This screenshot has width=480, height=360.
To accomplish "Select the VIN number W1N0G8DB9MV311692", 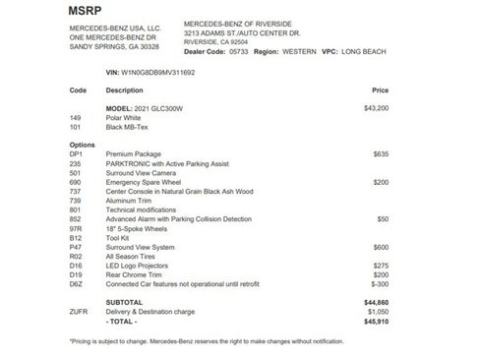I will (151, 72).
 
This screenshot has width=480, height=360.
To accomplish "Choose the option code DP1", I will (77, 152).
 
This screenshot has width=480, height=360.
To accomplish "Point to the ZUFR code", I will (80, 312).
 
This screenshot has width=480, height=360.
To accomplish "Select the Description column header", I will (125, 90).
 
